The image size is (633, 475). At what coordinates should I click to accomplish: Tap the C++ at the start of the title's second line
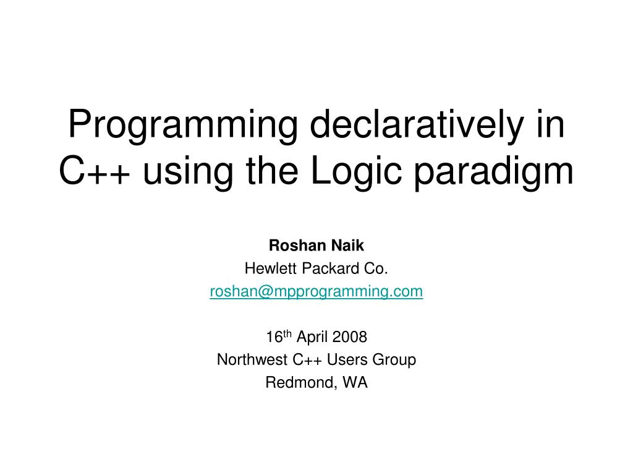pyautogui.click(x=94, y=171)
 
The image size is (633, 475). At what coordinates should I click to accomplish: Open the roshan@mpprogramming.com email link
pyautogui.click(x=316, y=291)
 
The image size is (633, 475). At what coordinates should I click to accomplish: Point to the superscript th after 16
pyautogui.click(x=287, y=333)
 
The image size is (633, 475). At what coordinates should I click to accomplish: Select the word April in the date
pyautogui.click(x=312, y=337)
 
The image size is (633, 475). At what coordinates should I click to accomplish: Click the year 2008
pyautogui.click(x=349, y=337)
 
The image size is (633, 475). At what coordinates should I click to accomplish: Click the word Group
pyautogui.click(x=396, y=359)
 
